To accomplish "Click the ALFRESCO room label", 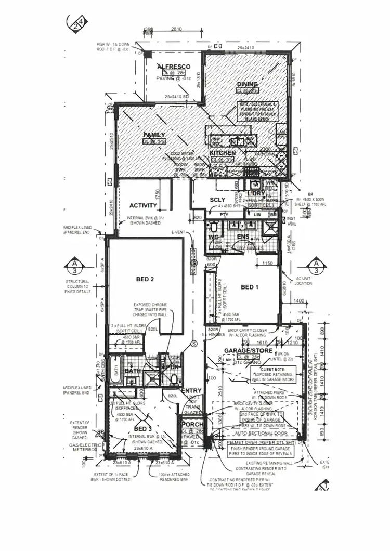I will [173, 67].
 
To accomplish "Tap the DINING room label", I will [248, 84].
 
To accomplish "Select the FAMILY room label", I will [154, 135].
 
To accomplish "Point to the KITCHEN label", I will [223, 153].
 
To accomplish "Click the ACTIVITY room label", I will [143, 205].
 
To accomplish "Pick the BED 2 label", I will [145, 279].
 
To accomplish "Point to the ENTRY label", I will [191, 391].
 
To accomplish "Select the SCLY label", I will [217, 200].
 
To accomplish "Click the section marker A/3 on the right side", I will [316, 267].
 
